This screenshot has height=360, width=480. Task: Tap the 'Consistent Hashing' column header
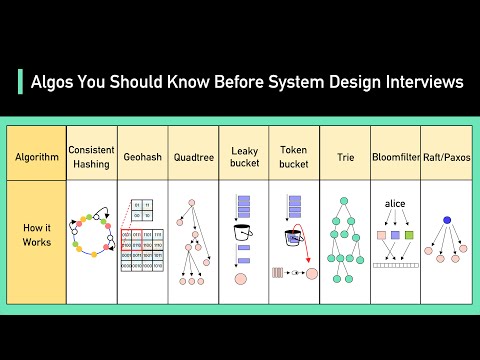pyautogui.click(x=91, y=156)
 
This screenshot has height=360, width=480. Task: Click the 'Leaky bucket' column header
pyautogui.click(x=244, y=156)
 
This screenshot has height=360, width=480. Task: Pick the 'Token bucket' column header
pyautogui.click(x=294, y=156)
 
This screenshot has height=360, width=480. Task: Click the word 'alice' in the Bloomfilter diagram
pyautogui.click(x=394, y=204)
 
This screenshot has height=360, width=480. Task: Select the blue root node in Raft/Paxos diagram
pyautogui.click(x=446, y=220)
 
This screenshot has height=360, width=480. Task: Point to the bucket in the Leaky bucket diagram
pyautogui.click(x=242, y=232)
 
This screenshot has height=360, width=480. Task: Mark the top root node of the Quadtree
pyautogui.click(x=192, y=204)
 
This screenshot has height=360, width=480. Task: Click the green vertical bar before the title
pyautogui.click(x=20, y=83)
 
